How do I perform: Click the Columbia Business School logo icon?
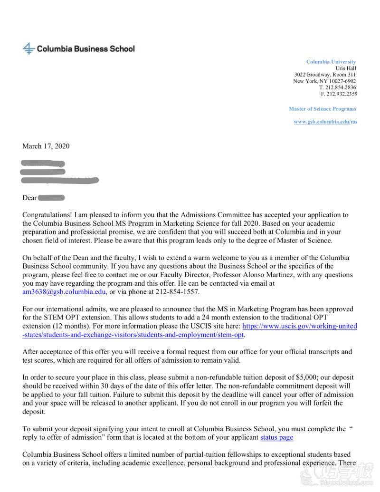pyautogui.click(x=29, y=48)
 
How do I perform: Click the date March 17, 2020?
pyautogui.click(x=46, y=146)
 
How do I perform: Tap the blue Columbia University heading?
pyautogui.click(x=331, y=62)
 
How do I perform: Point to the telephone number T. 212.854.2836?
pyautogui.click(x=337, y=87)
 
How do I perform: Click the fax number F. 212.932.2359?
pyautogui.click(x=339, y=94)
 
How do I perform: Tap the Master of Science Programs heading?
pyautogui.click(x=322, y=109)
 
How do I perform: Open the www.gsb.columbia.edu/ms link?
pyautogui.click(x=325, y=122)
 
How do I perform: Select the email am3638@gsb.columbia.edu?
pyautogui.click(x=64, y=292)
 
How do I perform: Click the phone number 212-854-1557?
pyautogui.click(x=175, y=292)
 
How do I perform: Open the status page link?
pyautogui.click(x=276, y=437)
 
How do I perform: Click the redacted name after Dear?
pyautogui.click(x=51, y=198)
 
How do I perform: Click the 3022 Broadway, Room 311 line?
pyautogui.click(x=325, y=75)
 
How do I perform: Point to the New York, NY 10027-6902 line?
pyautogui.click(x=324, y=81)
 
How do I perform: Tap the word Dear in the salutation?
pyautogui.click(x=29, y=198)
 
